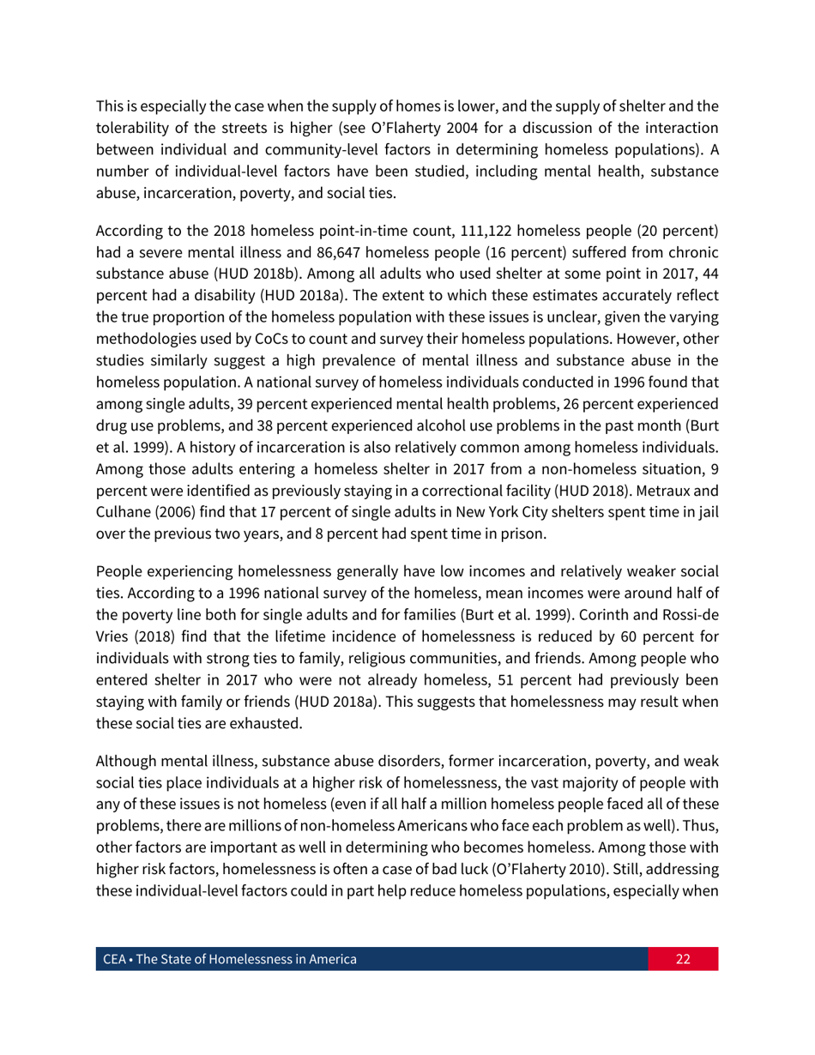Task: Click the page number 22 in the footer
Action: coord(683,959)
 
